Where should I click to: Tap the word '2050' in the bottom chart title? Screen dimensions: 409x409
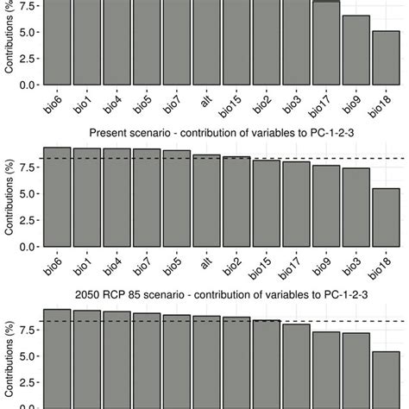[x=90, y=295]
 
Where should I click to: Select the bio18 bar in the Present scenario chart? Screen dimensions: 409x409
[x=387, y=217]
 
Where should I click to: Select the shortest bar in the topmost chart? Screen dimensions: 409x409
[x=387, y=58]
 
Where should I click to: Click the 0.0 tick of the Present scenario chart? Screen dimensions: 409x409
[x=28, y=247]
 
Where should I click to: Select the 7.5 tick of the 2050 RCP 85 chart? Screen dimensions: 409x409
[x=28, y=330]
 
